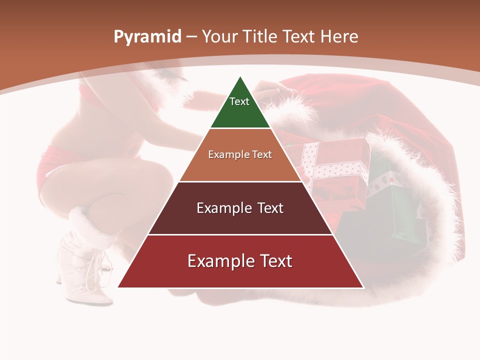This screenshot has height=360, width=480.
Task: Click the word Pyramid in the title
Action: [x=147, y=37]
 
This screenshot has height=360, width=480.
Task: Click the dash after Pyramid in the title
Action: [x=191, y=37]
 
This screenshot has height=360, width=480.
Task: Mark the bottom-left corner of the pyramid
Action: [x=118, y=287]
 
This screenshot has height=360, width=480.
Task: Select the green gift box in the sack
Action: [x=395, y=210]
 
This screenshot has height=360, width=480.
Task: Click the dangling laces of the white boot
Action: [x=95, y=272]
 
